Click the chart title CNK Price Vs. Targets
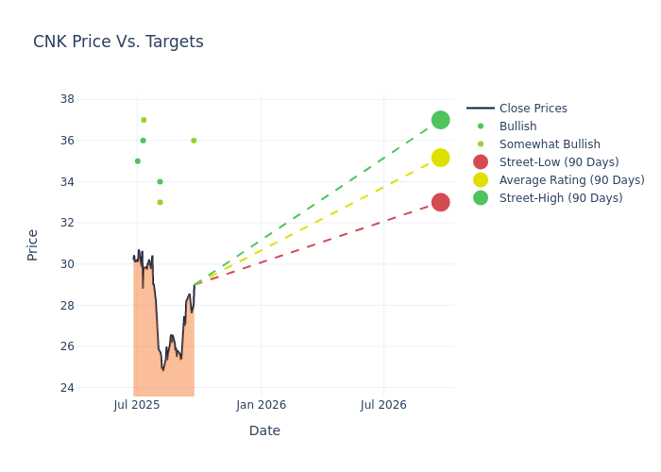118,42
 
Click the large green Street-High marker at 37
440,120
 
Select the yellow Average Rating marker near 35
440,158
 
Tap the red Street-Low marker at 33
440,202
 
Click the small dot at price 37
144,120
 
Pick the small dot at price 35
137,161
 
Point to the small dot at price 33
160,202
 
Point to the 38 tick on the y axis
67,99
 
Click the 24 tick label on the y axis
67,387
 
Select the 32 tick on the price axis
67,223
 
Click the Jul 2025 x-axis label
137,405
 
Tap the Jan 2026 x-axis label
261,405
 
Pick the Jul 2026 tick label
383,405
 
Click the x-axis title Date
264,430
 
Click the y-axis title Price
33,244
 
